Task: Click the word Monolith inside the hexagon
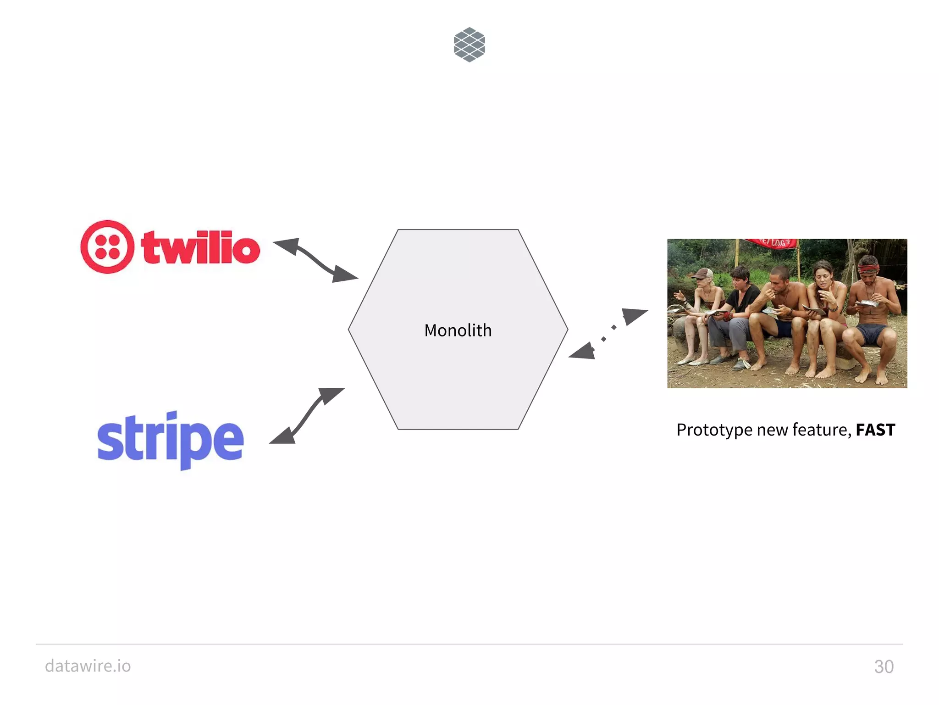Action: (458, 330)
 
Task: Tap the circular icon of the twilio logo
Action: (108, 246)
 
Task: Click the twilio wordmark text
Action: (201, 248)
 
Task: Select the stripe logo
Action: (170, 439)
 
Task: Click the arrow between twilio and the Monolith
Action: (316, 259)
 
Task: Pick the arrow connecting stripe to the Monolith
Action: (306, 416)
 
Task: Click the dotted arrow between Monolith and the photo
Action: (608, 334)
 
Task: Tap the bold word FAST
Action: (875, 430)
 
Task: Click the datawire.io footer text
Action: (88, 666)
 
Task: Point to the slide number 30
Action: (884, 666)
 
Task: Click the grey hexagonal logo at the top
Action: (469, 45)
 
